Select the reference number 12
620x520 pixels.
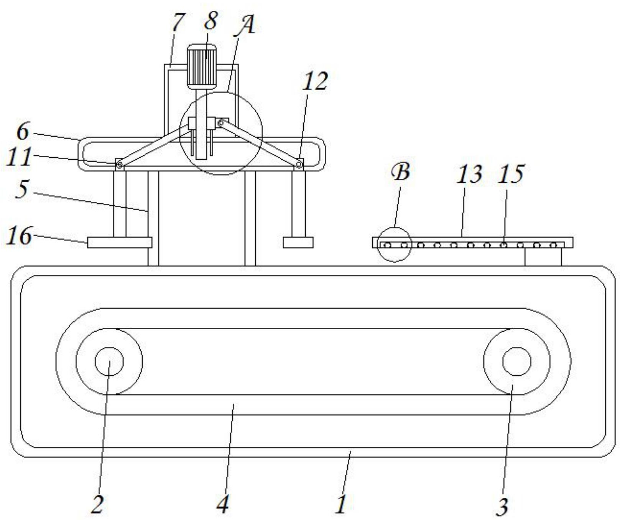[x=315, y=81]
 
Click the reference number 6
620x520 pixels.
[x=23, y=132]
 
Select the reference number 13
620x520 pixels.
[x=470, y=174]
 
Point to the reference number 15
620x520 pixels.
[x=511, y=174]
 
